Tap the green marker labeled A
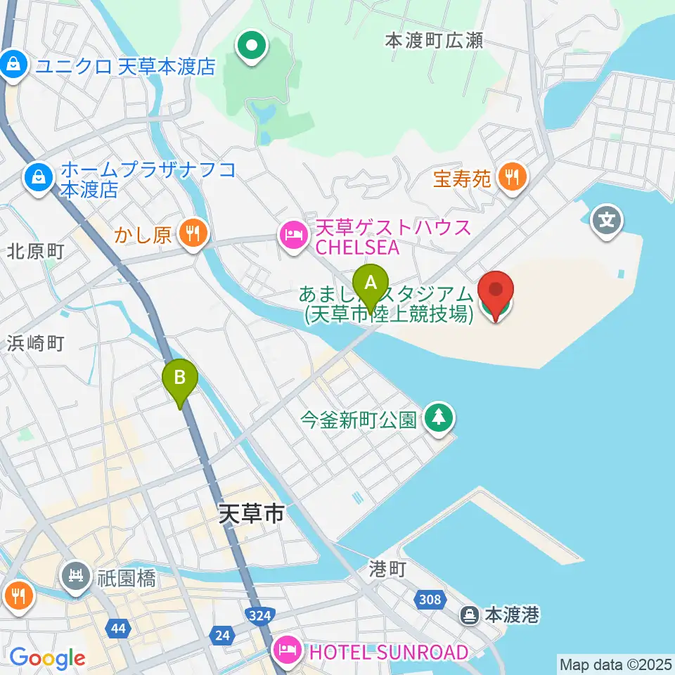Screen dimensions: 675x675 [371, 285]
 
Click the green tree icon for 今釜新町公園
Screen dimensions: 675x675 [439, 419]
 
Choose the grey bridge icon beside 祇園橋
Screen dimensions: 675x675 [75, 579]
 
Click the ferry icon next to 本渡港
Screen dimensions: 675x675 [469, 617]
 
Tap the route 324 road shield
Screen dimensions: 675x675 [261, 617]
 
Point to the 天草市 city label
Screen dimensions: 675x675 [251, 514]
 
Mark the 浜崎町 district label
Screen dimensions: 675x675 [36, 343]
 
